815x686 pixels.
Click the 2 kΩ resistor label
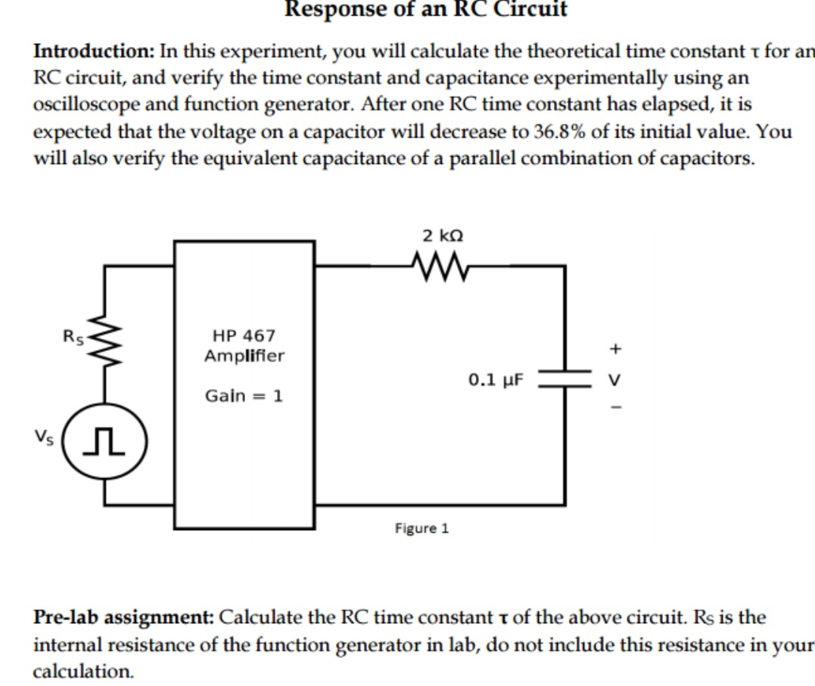pyautogui.click(x=443, y=236)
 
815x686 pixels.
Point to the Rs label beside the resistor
pyautogui.click(x=73, y=336)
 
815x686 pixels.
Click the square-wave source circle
pyautogui.click(x=105, y=440)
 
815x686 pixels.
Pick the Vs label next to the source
pyautogui.click(x=44, y=436)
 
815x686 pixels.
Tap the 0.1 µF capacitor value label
pyautogui.click(x=497, y=380)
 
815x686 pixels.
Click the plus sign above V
pyautogui.click(x=614, y=349)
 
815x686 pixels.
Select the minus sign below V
pyautogui.click(x=614, y=409)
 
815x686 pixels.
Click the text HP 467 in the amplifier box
pyautogui.click(x=244, y=337)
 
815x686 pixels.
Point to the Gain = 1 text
pyautogui.click(x=243, y=396)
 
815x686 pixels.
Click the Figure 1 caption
pyautogui.click(x=422, y=528)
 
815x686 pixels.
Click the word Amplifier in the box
pyautogui.click(x=244, y=357)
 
